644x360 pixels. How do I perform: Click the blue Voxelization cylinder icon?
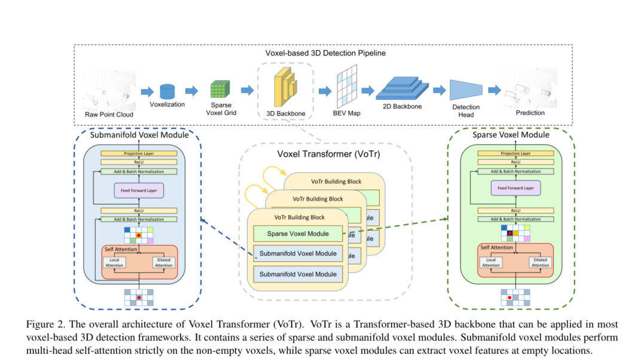point(168,91)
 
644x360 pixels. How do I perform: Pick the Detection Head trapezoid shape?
point(466,90)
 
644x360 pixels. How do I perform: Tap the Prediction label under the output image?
point(530,112)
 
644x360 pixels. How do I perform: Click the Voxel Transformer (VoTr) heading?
point(325,153)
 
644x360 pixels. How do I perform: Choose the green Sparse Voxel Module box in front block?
point(298,233)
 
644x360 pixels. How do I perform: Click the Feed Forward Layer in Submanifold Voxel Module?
point(139,190)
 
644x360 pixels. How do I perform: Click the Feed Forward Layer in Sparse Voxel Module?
point(515,188)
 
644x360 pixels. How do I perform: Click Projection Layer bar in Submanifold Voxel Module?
point(139,154)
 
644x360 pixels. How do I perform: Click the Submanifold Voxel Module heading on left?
point(139,135)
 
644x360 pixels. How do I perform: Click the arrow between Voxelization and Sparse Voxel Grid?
point(192,91)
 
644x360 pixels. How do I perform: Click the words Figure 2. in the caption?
point(46,324)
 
